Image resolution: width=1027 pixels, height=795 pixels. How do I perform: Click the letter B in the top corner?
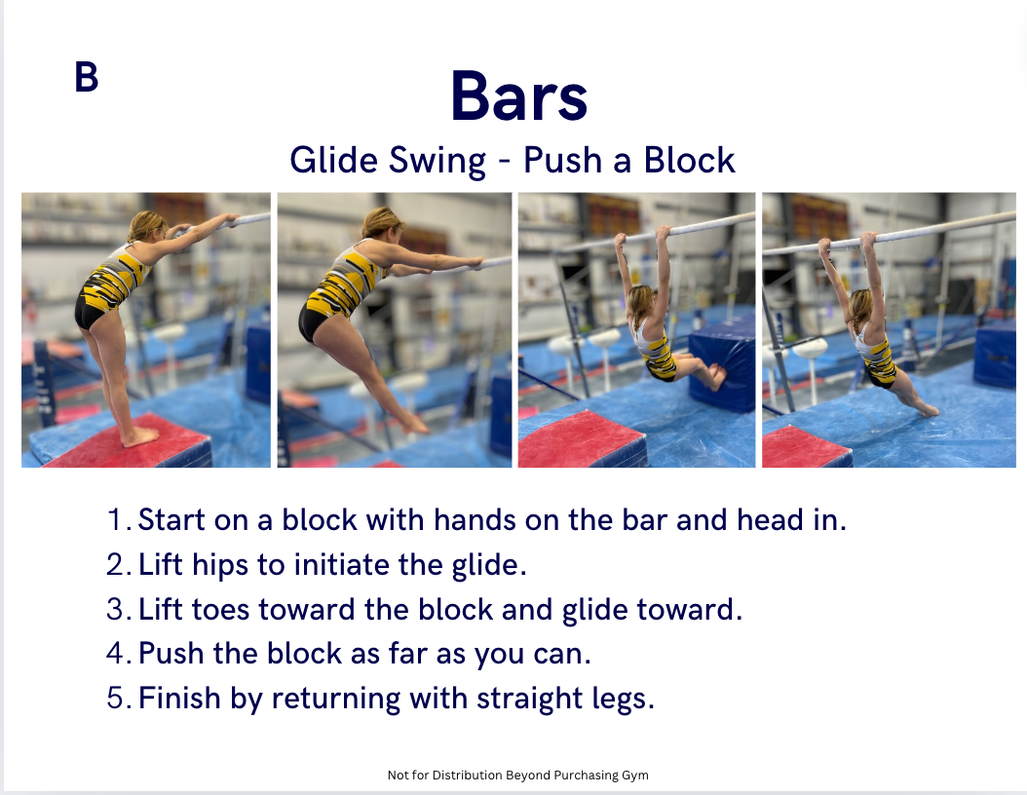click(87, 77)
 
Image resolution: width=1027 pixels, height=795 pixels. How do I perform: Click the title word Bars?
click(518, 96)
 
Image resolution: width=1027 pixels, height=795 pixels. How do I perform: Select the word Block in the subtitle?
click(689, 160)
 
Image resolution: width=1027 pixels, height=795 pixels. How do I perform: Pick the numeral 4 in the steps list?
click(118, 654)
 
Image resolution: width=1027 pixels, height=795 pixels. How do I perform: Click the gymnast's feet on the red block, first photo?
click(140, 436)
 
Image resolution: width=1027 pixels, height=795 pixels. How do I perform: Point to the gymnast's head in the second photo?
click(382, 223)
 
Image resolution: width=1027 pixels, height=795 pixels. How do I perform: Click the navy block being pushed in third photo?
click(722, 362)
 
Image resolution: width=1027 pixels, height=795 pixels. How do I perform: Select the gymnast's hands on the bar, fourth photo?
click(846, 242)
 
